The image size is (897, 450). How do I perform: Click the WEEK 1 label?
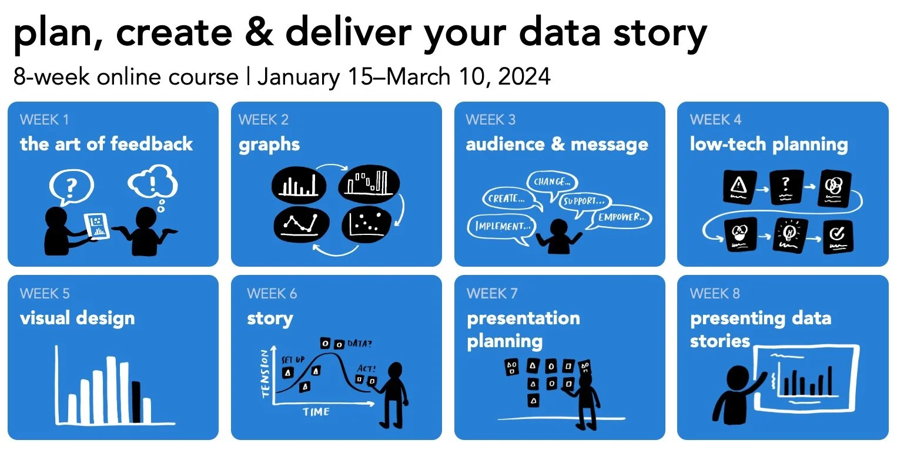[x=44, y=120]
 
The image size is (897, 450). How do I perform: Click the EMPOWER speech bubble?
[x=621, y=217]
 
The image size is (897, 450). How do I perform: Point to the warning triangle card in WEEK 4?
[x=738, y=187]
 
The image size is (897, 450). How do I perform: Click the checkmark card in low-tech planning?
[x=838, y=236]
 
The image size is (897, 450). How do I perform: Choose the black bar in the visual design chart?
[x=136, y=402]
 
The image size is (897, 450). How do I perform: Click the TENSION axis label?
[x=265, y=374]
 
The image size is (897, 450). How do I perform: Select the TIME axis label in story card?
[x=316, y=412]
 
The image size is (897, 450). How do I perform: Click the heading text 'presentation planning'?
[x=523, y=330]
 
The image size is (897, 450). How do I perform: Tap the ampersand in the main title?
[x=258, y=33]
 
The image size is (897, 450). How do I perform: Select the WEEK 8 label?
[x=715, y=293]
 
